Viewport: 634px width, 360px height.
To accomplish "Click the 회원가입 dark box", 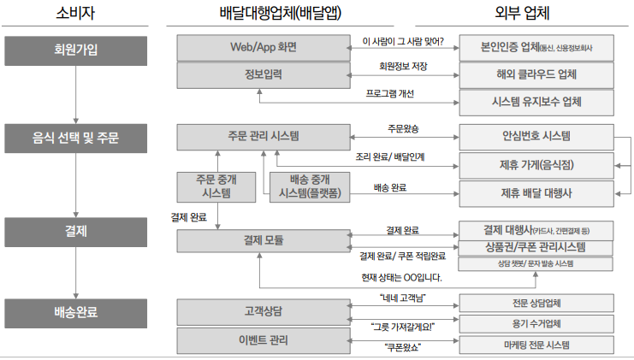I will [x=75, y=50].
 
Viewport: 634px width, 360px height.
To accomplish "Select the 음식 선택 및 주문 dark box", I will [x=75, y=137].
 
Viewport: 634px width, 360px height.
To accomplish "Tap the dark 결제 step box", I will [x=75, y=232].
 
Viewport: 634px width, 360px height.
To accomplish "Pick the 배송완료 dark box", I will [x=75, y=312].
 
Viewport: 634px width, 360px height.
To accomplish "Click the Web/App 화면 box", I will [x=264, y=48].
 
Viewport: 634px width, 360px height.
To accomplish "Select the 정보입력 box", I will [x=264, y=75].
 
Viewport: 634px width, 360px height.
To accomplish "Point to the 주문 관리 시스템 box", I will [x=264, y=136].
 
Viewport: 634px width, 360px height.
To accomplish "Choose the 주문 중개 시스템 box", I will [x=219, y=187].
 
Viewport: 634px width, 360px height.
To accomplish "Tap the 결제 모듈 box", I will [x=264, y=241].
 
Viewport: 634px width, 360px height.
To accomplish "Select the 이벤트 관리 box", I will [x=264, y=340].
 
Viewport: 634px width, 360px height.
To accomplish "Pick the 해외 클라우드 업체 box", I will [x=536, y=75].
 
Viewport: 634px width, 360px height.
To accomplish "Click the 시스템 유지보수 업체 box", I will [x=536, y=103].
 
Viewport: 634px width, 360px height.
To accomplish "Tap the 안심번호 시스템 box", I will [x=536, y=135].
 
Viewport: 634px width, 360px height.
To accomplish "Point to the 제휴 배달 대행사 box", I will [x=536, y=192].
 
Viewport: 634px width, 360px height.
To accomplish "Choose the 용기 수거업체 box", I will [x=536, y=323].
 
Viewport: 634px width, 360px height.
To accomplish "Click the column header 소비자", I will [x=75, y=15].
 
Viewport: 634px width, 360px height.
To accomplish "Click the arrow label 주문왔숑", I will [x=403, y=128].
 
